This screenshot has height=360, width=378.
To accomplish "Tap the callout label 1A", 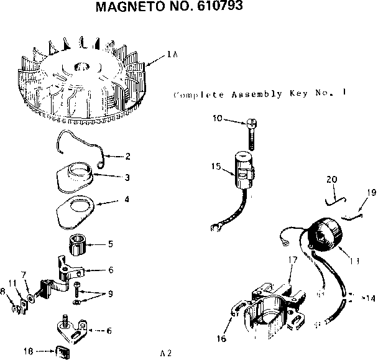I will [x=173, y=55].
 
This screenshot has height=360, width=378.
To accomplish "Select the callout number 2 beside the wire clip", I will [x=127, y=156].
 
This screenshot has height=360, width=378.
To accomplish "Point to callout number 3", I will [x=127, y=177].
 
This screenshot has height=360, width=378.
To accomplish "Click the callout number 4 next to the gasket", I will [x=127, y=200].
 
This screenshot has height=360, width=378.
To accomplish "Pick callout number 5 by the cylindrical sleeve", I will [x=111, y=244].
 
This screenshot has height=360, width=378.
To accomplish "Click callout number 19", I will [x=371, y=193].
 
